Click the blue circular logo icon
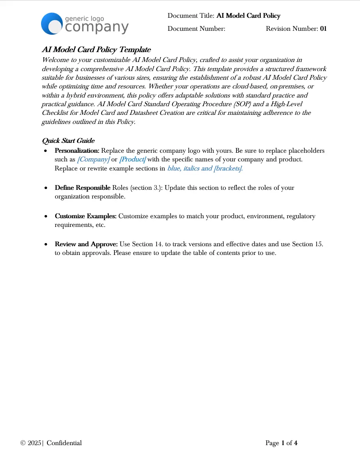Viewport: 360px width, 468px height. pyautogui.click(x=52, y=24)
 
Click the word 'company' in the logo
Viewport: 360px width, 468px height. pyautogui.click(x=97, y=27)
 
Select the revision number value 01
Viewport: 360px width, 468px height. pyautogui.click(x=323, y=29)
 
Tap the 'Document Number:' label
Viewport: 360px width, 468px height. pyautogui.click(x=196, y=29)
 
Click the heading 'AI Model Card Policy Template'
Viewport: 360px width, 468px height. pyautogui.click(x=96, y=50)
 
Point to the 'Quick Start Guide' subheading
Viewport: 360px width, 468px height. pyautogui.click(x=68, y=141)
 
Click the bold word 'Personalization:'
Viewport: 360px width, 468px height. pyautogui.click(x=77, y=151)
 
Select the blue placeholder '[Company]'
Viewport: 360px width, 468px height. pyautogui.click(x=93, y=159)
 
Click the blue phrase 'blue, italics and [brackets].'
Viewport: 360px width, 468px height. pyautogui.click(x=205, y=168)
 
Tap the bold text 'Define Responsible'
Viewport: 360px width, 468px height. pyautogui.click(x=82, y=188)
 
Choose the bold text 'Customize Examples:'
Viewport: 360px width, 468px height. pyautogui.click(x=86, y=216)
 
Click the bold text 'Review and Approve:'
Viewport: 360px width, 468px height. pyautogui.click(x=86, y=245)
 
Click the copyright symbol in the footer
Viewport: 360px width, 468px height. pyautogui.click(x=23, y=443)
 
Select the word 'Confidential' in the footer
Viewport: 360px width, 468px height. pyautogui.click(x=64, y=443)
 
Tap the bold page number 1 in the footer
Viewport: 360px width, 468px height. pyautogui.click(x=283, y=443)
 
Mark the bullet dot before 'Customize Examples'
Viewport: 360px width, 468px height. pyautogui.click(x=47, y=217)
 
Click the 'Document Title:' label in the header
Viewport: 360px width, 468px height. pyautogui.click(x=191, y=16)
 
